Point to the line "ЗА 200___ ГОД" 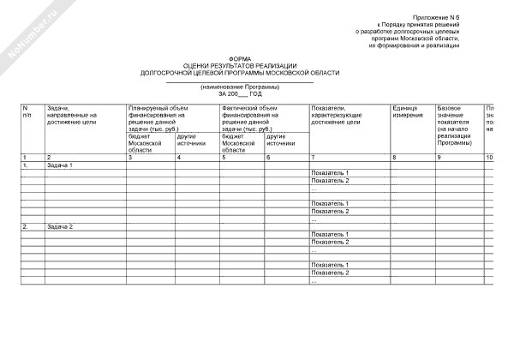[240, 93]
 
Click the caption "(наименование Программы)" [240, 87]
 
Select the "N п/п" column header [27, 111]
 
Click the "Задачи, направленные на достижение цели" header [73, 116]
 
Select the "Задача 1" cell [61, 165]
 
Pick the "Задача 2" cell [61, 226]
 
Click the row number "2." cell [27, 226]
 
